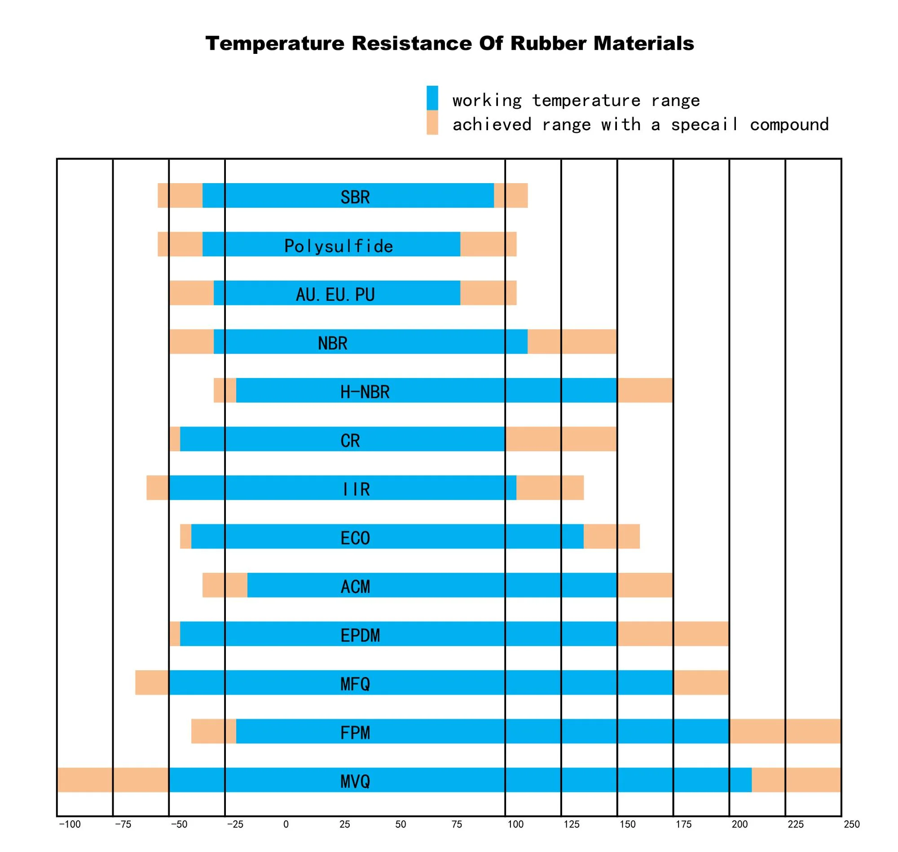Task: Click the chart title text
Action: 449,44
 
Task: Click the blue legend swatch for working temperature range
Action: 432,97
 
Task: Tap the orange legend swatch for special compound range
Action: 432,123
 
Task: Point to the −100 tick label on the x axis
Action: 70,824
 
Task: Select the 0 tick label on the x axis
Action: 286,824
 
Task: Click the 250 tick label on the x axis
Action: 851,824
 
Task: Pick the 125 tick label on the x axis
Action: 572,824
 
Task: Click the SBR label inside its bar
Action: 355,197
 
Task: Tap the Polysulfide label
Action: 339,246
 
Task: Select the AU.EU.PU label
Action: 335,295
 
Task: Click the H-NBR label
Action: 365,392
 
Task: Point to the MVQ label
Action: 355,782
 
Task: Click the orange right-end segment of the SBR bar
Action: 511,195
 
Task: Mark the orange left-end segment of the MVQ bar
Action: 113,780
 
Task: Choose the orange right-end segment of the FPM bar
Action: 785,731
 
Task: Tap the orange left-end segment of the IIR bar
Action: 158,488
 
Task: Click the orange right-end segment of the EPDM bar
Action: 673,633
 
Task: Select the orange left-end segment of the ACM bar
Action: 225,585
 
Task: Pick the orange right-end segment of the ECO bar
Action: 612,536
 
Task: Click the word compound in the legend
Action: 789,124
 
